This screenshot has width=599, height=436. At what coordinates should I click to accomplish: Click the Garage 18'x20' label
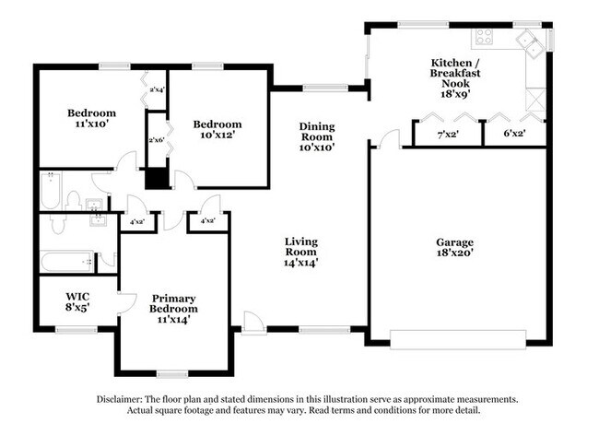(x=454, y=247)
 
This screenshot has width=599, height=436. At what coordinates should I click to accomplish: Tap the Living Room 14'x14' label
(x=301, y=252)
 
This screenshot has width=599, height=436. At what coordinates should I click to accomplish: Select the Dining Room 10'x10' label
(x=317, y=136)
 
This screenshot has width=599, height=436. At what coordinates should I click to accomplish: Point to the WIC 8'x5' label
(x=77, y=301)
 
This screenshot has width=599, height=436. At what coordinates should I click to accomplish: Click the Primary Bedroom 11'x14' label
(x=173, y=309)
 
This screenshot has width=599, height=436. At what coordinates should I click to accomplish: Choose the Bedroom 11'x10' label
(x=91, y=118)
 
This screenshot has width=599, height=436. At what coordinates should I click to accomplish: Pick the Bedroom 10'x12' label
(x=217, y=129)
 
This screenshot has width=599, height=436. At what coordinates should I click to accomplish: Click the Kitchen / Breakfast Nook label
(x=455, y=78)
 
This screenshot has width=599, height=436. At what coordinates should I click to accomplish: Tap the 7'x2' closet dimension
(x=448, y=135)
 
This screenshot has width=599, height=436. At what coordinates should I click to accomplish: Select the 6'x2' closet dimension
(x=514, y=134)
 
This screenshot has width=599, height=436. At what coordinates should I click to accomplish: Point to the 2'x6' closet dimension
(x=157, y=140)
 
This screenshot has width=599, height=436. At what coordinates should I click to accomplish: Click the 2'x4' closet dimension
(x=157, y=90)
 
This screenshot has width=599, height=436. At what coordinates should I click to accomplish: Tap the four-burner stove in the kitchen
(x=484, y=37)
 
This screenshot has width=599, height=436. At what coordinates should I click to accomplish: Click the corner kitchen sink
(x=532, y=43)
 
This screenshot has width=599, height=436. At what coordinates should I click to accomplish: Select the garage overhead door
(x=458, y=339)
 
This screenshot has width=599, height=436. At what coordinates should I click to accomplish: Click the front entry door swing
(x=253, y=323)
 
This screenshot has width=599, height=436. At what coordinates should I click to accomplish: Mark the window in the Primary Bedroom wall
(x=172, y=374)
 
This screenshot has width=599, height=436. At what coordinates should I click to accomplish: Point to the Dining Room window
(x=325, y=88)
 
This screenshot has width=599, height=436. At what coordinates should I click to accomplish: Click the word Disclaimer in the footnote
(x=120, y=400)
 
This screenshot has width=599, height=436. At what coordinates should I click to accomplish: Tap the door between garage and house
(x=390, y=138)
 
